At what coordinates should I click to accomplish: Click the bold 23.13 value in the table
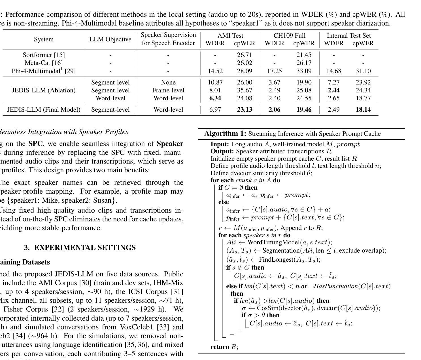click(x=244, y=110)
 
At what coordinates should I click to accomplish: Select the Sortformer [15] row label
click(x=44, y=55)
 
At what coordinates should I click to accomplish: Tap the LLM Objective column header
click(x=110, y=39)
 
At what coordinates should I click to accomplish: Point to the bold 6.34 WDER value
click(x=215, y=98)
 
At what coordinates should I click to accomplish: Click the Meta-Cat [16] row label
click(x=44, y=63)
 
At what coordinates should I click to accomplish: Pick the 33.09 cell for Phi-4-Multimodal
click(x=304, y=71)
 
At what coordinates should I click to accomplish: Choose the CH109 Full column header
click(x=290, y=35)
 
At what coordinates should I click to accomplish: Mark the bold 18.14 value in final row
click(x=363, y=110)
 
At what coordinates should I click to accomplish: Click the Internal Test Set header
click(x=349, y=35)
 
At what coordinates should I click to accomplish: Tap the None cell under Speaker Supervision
click(x=168, y=82)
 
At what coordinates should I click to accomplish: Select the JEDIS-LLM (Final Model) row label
click(x=44, y=110)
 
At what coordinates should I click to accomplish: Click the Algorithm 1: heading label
click(x=225, y=134)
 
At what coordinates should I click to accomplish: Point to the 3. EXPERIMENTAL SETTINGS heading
click(x=80, y=247)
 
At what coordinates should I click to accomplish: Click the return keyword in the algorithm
click(x=220, y=347)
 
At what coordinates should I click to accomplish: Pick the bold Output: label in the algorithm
click(x=222, y=151)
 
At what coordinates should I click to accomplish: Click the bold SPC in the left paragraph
click(x=35, y=144)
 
